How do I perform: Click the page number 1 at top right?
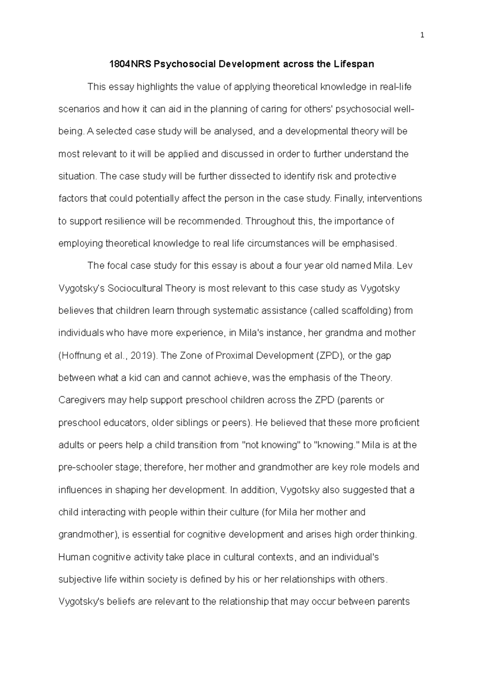pos(422,35)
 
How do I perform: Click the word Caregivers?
pos(82,400)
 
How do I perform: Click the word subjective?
pos(79,580)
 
